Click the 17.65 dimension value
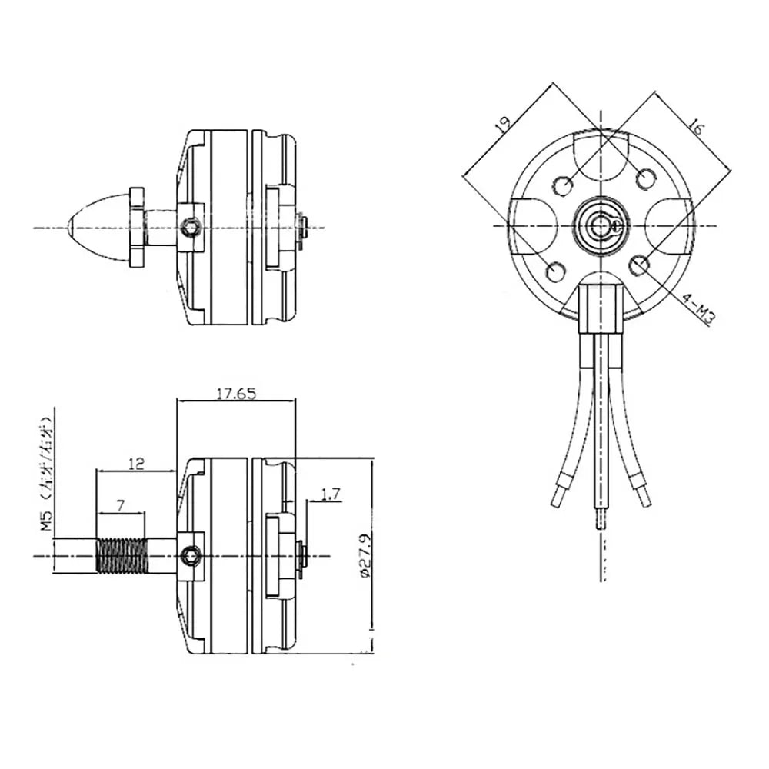pyautogui.click(x=235, y=393)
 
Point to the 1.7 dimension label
pyautogui.click(x=331, y=495)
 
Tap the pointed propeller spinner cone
pyautogui.click(x=96, y=227)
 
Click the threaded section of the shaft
pyautogui.click(x=122, y=555)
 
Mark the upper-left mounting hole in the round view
pyautogui.click(x=563, y=185)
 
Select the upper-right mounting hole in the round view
pyautogui.click(x=646, y=179)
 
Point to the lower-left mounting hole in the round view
pyautogui.click(x=554, y=270)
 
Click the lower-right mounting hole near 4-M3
pyautogui.click(x=638, y=266)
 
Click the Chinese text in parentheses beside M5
pyautogui.click(x=47, y=454)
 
